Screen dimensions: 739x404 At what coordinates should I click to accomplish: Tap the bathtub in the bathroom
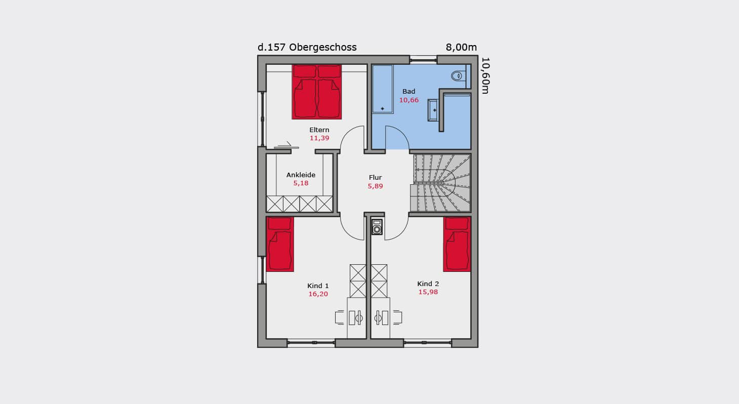(x=383, y=89)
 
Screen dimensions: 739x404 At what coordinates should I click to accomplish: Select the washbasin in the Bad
(x=433, y=110)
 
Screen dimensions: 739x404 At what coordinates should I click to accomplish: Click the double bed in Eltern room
(x=317, y=92)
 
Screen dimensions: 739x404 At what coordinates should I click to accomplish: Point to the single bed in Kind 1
(x=280, y=244)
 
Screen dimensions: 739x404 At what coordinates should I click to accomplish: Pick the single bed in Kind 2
(x=457, y=244)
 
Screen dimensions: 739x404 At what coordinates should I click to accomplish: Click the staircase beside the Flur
(x=440, y=183)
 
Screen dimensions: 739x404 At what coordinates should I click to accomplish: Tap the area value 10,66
(x=409, y=100)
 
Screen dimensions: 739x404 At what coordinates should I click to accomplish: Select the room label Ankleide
(x=301, y=175)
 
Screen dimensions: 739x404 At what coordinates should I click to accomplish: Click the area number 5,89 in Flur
(x=376, y=186)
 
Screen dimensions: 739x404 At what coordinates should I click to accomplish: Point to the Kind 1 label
(x=318, y=286)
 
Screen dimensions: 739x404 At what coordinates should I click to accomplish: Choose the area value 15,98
(x=428, y=292)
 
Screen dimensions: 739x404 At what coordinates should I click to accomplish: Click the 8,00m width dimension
(x=461, y=48)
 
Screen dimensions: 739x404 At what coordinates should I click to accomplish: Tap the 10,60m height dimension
(x=485, y=75)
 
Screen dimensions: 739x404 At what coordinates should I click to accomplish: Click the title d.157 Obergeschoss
(x=307, y=48)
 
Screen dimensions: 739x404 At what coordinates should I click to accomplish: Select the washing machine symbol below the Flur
(x=377, y=227)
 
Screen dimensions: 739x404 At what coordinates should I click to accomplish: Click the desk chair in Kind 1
(x=340, y=317)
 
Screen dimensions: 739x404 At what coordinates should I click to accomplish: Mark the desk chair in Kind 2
(x=397, y=317)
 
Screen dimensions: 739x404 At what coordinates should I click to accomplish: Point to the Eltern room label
(x=319, y=130)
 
